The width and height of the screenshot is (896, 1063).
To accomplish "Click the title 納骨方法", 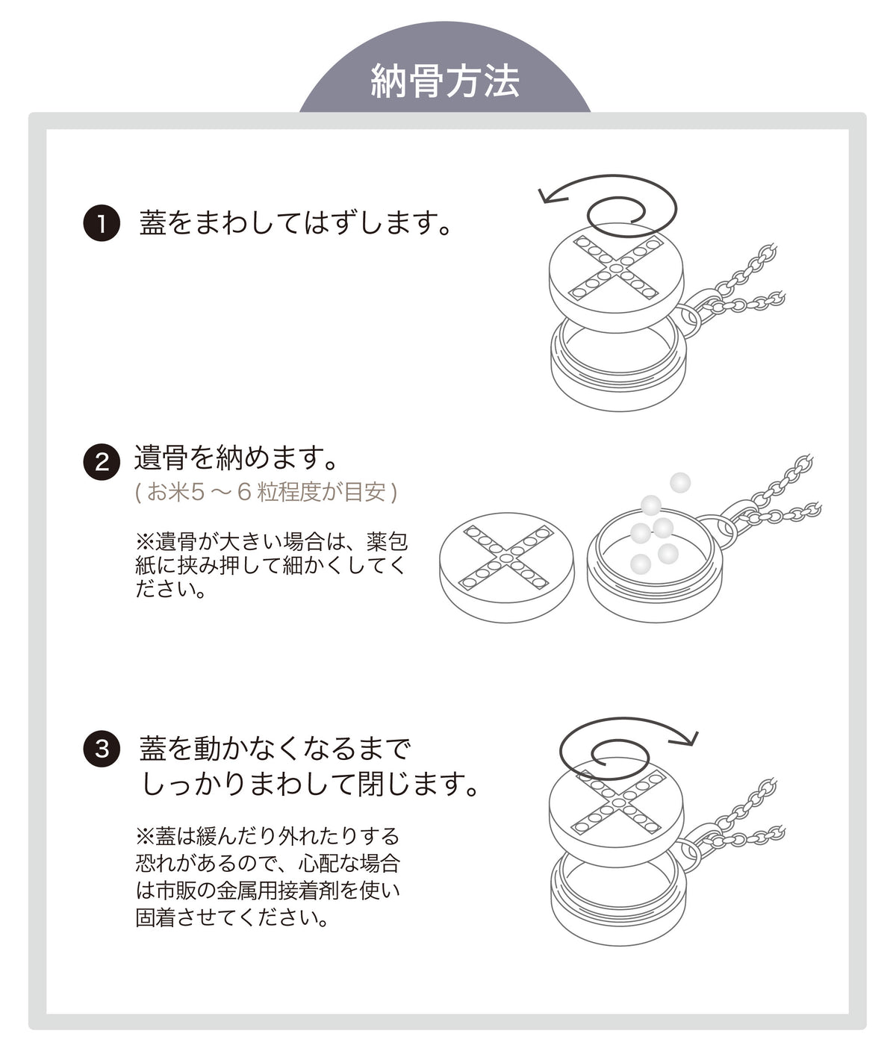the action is click(445, 81).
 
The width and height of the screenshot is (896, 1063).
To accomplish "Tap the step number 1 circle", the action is click(102, 223).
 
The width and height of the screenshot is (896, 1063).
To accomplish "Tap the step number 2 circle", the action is click(102, 462).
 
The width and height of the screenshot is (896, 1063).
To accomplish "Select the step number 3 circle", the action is click(102, 749).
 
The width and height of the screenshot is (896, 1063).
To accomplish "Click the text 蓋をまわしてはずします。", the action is click(296, 223).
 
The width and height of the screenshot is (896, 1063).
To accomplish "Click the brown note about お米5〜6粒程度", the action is click(266, 492).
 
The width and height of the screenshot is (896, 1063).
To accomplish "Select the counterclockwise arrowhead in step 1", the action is click(552, 195).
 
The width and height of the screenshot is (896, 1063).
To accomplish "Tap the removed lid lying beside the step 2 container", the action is click(506, 567).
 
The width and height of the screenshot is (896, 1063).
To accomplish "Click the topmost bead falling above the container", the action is click(679, 482).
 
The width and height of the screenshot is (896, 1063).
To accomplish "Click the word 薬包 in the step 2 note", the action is click(387, 542).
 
